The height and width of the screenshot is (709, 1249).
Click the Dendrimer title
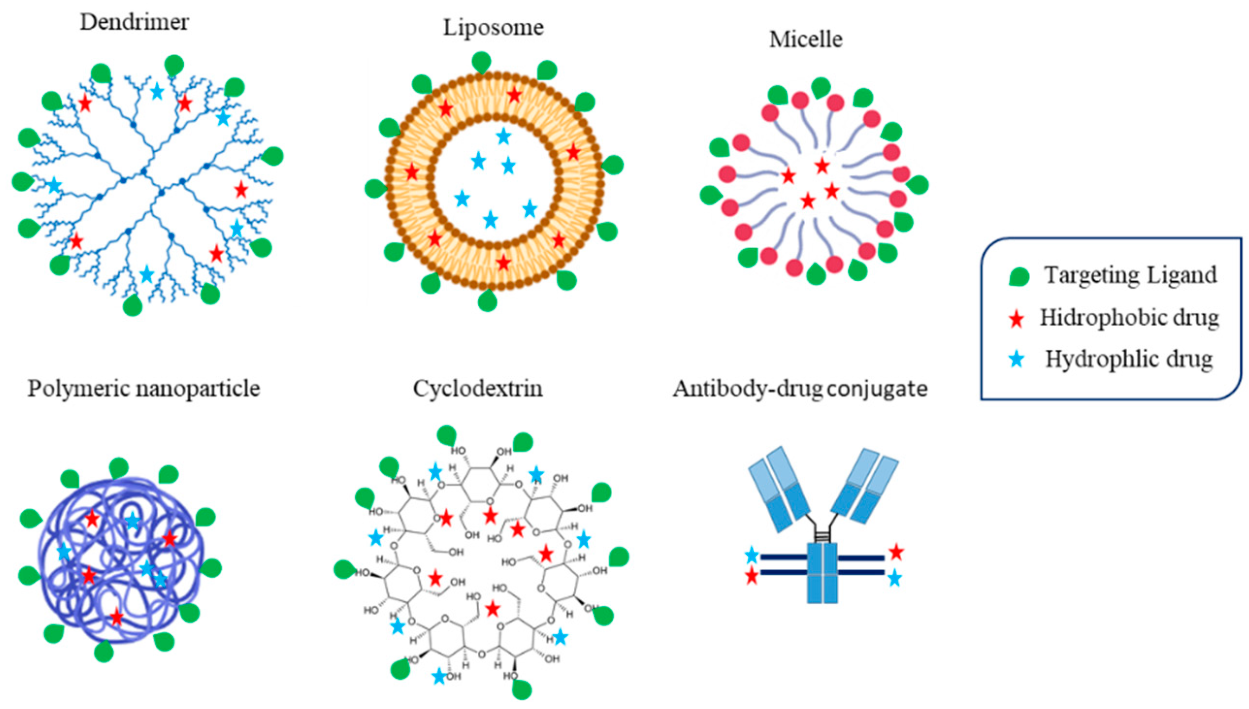coord(134,22)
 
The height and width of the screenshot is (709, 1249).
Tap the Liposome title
coord(493,27)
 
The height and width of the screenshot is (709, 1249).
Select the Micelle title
coord(806,39)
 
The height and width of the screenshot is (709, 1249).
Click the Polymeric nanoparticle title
coord(144,388)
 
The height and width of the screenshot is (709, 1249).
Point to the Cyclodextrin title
coord(478,388)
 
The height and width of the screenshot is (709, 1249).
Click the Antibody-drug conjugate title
coord(800,388)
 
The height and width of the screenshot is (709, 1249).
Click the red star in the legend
coord(1017,319)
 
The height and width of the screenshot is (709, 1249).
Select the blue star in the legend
coord(1017,360)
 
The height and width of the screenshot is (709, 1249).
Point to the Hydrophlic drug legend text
coord(1129,359)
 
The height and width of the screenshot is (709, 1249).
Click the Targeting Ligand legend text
coord(1130,275)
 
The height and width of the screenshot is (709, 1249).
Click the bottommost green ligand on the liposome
coord(487,301)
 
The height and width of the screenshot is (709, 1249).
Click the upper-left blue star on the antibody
coord(752,555)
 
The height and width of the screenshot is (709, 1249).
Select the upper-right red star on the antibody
coord(896,552)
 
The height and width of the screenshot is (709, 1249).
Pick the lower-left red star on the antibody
coord(752,576)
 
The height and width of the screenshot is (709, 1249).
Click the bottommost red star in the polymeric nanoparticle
coord(116,616)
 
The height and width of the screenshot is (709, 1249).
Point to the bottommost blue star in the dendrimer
coord(146,274)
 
